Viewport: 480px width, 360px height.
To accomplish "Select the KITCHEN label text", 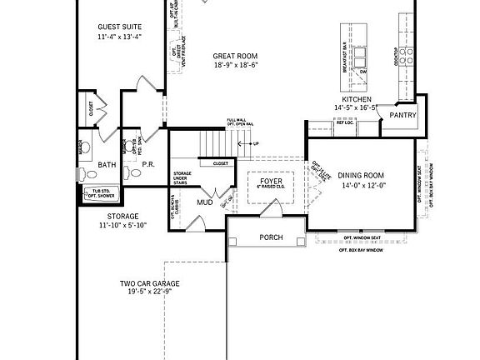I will pyautogui.click(x=356, y=98).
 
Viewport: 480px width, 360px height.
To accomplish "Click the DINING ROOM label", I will pyautogui.click(x=360, y=176).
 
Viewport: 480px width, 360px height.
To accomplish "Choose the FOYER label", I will pyautogui.click(x=272, y=180).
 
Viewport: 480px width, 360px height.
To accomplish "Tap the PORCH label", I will pyautogui.click(x=271, y=238).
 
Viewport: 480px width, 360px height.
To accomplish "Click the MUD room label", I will pyautogui.click(x=204, y=202).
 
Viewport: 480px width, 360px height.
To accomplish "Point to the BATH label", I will pyautogui.click(x=107, y=165).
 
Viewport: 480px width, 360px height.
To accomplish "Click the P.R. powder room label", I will pyautogui.click(x=148, y=165).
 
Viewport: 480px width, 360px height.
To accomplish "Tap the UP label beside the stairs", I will pyautogui.click(x=257, y=143).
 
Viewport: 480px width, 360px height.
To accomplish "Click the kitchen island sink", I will pyautogui.click(x=362, y=57).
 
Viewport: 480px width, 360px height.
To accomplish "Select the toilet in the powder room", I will pyautogui.click(x=133, y=173).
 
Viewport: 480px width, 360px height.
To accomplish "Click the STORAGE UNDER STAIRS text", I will pyautogui.click(x=183, y=178).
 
